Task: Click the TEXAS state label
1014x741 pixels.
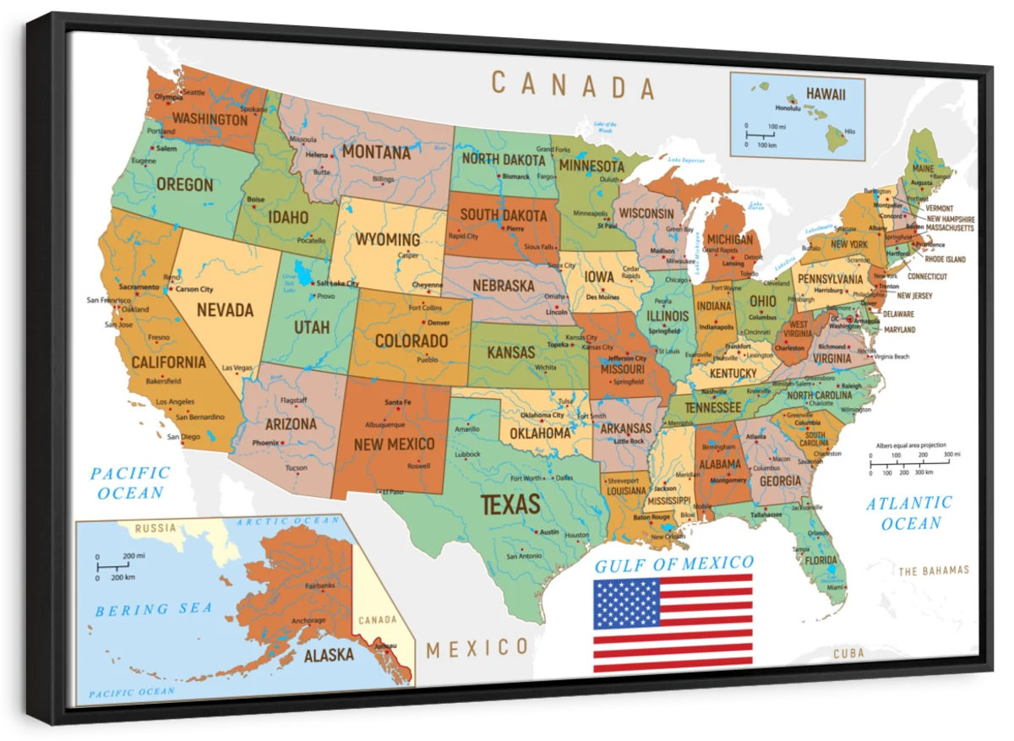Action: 510,504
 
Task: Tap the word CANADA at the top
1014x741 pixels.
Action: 573,85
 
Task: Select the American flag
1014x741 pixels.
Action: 673,623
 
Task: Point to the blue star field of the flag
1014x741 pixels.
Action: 626,603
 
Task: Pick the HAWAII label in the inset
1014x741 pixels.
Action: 825,94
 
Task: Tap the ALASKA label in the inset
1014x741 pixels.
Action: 329,655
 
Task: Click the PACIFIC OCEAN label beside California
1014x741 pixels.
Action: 130,482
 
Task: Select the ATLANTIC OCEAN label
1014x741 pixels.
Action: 909,513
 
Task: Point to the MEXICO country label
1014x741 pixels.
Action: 477,648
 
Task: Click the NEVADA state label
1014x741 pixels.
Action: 225,310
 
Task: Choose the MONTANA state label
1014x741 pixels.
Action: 376,153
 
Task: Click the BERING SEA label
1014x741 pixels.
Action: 154,609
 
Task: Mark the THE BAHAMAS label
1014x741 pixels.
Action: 933,570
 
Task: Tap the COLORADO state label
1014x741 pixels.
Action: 411,341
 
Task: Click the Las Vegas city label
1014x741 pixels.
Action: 237,368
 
